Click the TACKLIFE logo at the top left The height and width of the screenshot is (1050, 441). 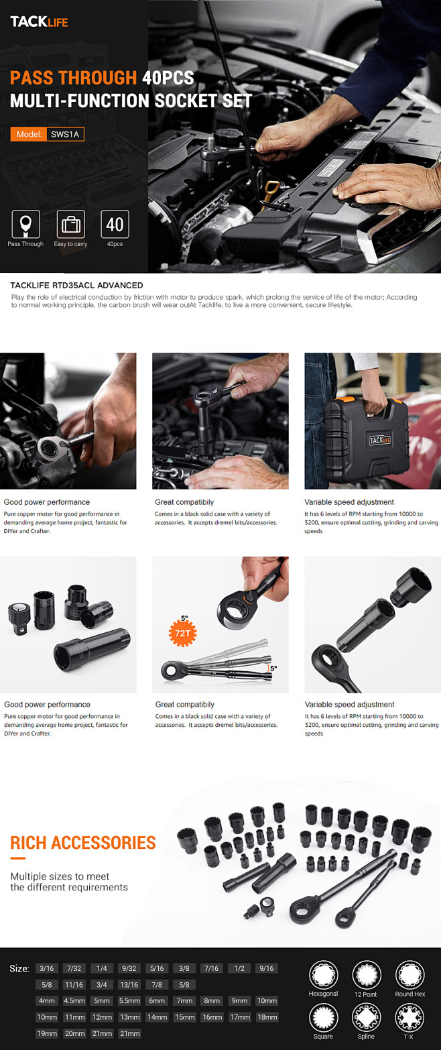(x=39, y=21)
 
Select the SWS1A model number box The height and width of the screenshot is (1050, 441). (x=65, y=135)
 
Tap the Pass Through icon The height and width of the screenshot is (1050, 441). (x=25, y=224)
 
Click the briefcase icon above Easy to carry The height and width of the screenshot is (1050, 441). (x=71, y=224)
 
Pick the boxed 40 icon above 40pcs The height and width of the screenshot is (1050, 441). (x=115, y=224)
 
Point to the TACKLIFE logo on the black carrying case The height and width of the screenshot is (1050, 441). (x=379, y=440)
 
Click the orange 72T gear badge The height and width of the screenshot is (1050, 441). (x=182, y=633)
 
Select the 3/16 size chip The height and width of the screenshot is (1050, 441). (x=46, y=968)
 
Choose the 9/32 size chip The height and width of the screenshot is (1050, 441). (x=129, y=968)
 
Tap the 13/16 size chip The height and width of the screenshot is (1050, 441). (x=129, y=985)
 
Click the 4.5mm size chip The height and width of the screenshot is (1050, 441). (x=74, y=1001)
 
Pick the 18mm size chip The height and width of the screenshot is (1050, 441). (x=267, y=1017)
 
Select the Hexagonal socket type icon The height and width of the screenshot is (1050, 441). (x=323, y=975)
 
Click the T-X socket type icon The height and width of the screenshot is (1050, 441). (x=409, y=1018)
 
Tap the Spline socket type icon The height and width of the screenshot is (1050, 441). (x=366, y=1018)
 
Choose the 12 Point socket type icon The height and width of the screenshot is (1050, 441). (x=366, y=975)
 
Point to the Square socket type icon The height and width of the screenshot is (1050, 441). (x=323, y=1018)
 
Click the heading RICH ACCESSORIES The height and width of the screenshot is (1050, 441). (x=83, y=842)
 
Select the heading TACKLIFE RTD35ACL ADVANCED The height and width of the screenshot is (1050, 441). (x=77, y=286)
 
